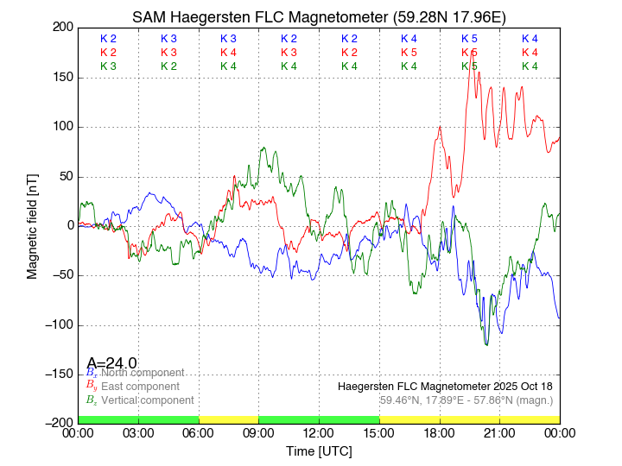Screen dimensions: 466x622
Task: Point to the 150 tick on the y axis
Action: [x=60, y=78]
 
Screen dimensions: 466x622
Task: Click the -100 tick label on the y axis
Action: [x=57, y=325]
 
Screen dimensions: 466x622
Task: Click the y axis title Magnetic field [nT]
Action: [x=33, y=225]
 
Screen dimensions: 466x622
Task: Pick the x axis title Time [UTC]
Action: [x=319, y=450]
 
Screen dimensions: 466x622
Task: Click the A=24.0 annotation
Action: [x=111, y=363]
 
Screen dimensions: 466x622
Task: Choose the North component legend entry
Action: [x=138, y=373]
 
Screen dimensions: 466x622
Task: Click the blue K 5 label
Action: [x=469, y=39]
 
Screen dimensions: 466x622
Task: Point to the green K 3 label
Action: [x=108, y=66]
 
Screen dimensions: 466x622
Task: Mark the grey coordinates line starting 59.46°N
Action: [x=466, y=400]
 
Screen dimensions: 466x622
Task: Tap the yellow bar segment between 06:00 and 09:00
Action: [x=229, y=419]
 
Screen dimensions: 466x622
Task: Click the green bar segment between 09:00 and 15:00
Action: [x=319, y=419]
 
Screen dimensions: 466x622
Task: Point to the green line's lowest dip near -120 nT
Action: [x=486, y=344]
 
